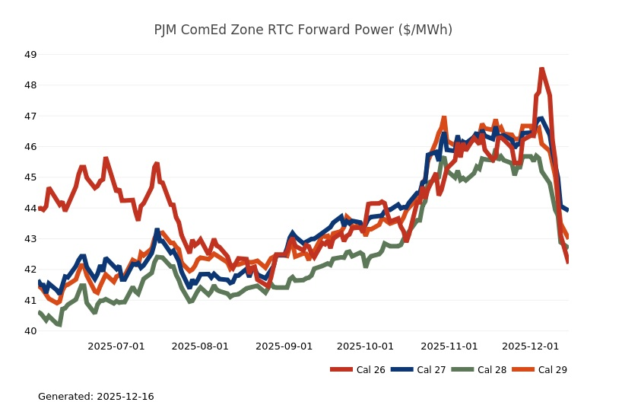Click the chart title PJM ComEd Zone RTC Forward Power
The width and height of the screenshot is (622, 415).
[x=303, y=30]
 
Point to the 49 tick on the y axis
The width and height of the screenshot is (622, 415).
[x=30, y=55]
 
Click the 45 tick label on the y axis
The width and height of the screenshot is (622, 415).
[x=30, y=177]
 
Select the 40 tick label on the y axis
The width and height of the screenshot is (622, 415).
[x=30, y=331]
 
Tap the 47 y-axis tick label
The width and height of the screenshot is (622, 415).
[x=30, y=117]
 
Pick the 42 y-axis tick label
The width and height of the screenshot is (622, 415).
[x=30, y=270]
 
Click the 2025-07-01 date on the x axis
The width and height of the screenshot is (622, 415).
[x=116, y=346]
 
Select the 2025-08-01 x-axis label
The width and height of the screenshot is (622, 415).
[x=200, y=346]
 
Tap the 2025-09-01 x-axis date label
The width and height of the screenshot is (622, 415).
[x=284, y=346]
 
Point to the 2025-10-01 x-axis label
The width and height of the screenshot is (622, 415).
[x=365, y=346]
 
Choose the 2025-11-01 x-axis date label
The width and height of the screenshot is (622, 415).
[x=449, y=346]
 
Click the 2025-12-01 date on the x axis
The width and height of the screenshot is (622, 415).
[x=530, y=346]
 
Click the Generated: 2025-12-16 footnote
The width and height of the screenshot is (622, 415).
[x=96, y=397]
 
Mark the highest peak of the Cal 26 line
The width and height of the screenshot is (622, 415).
[x=541, y=69]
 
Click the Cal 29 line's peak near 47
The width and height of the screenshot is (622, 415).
[x=443, y=118]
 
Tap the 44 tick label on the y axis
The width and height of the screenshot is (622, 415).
[x=30, y=208]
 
